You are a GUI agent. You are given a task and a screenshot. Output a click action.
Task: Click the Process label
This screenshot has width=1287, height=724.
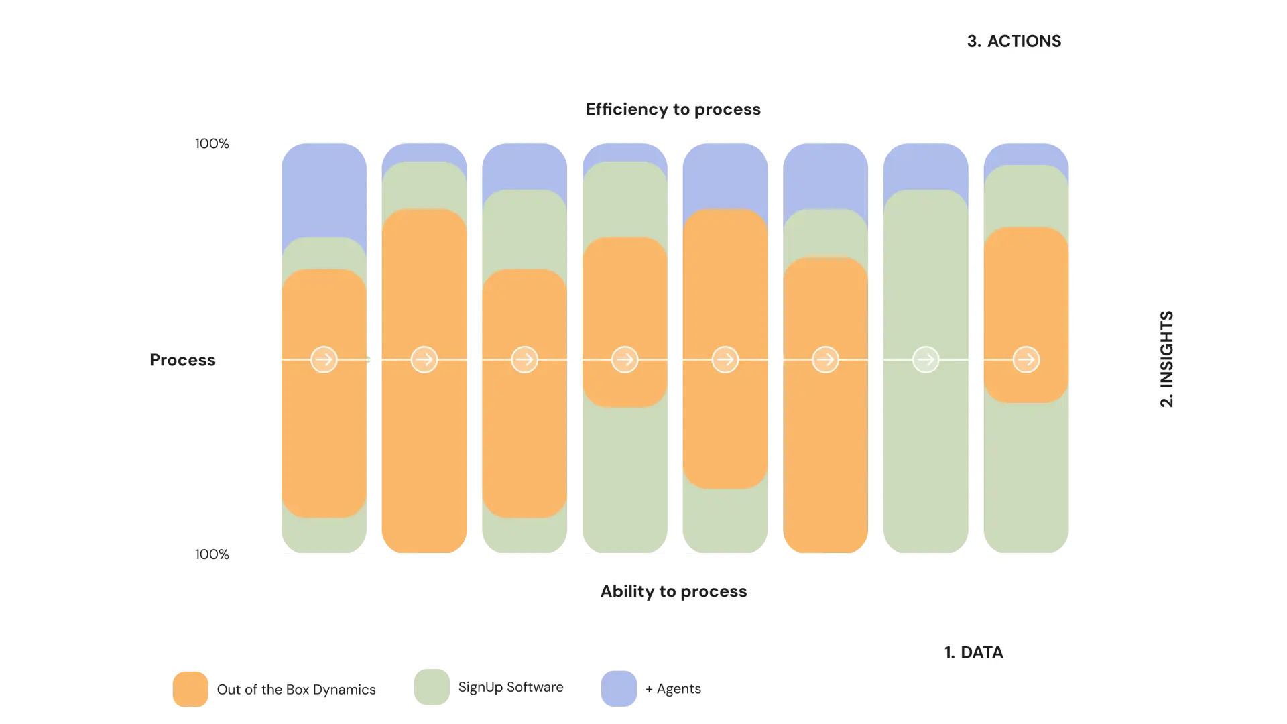(182, 360)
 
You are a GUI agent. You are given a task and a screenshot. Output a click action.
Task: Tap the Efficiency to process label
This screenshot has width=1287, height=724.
(673, 109)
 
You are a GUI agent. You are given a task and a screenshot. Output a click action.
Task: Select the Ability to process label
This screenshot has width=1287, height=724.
(674, 591)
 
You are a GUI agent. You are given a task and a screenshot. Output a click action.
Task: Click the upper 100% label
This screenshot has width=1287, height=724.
(212, 143)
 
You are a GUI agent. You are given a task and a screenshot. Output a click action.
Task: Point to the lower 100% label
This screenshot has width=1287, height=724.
(212, 554)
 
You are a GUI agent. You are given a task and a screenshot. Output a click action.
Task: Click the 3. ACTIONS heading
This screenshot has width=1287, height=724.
(1014, 41)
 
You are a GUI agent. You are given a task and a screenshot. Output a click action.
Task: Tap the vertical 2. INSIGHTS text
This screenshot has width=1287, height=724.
(1167, 359)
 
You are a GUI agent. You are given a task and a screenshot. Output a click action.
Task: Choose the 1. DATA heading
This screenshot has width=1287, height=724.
(973, 652)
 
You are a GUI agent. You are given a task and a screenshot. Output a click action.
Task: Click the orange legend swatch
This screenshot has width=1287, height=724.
(190, 688)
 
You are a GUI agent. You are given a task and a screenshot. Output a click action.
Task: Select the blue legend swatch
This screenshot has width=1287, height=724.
(619, 688)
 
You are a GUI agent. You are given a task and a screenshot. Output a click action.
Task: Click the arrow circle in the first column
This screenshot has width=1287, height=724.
(324, 360)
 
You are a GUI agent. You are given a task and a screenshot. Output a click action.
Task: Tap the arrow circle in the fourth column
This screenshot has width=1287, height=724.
(625, 360)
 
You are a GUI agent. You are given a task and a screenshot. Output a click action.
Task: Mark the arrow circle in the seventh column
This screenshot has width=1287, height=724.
(926, 360)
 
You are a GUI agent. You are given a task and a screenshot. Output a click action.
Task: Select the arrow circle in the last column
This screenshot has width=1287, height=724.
(1026, 360)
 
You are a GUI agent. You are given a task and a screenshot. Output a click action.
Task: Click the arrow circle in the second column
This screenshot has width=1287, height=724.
(424, 360)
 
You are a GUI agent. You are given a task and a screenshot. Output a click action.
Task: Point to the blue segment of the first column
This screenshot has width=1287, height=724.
(324, 194)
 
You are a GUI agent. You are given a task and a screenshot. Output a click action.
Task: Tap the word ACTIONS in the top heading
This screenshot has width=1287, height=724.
(1024, 41)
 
